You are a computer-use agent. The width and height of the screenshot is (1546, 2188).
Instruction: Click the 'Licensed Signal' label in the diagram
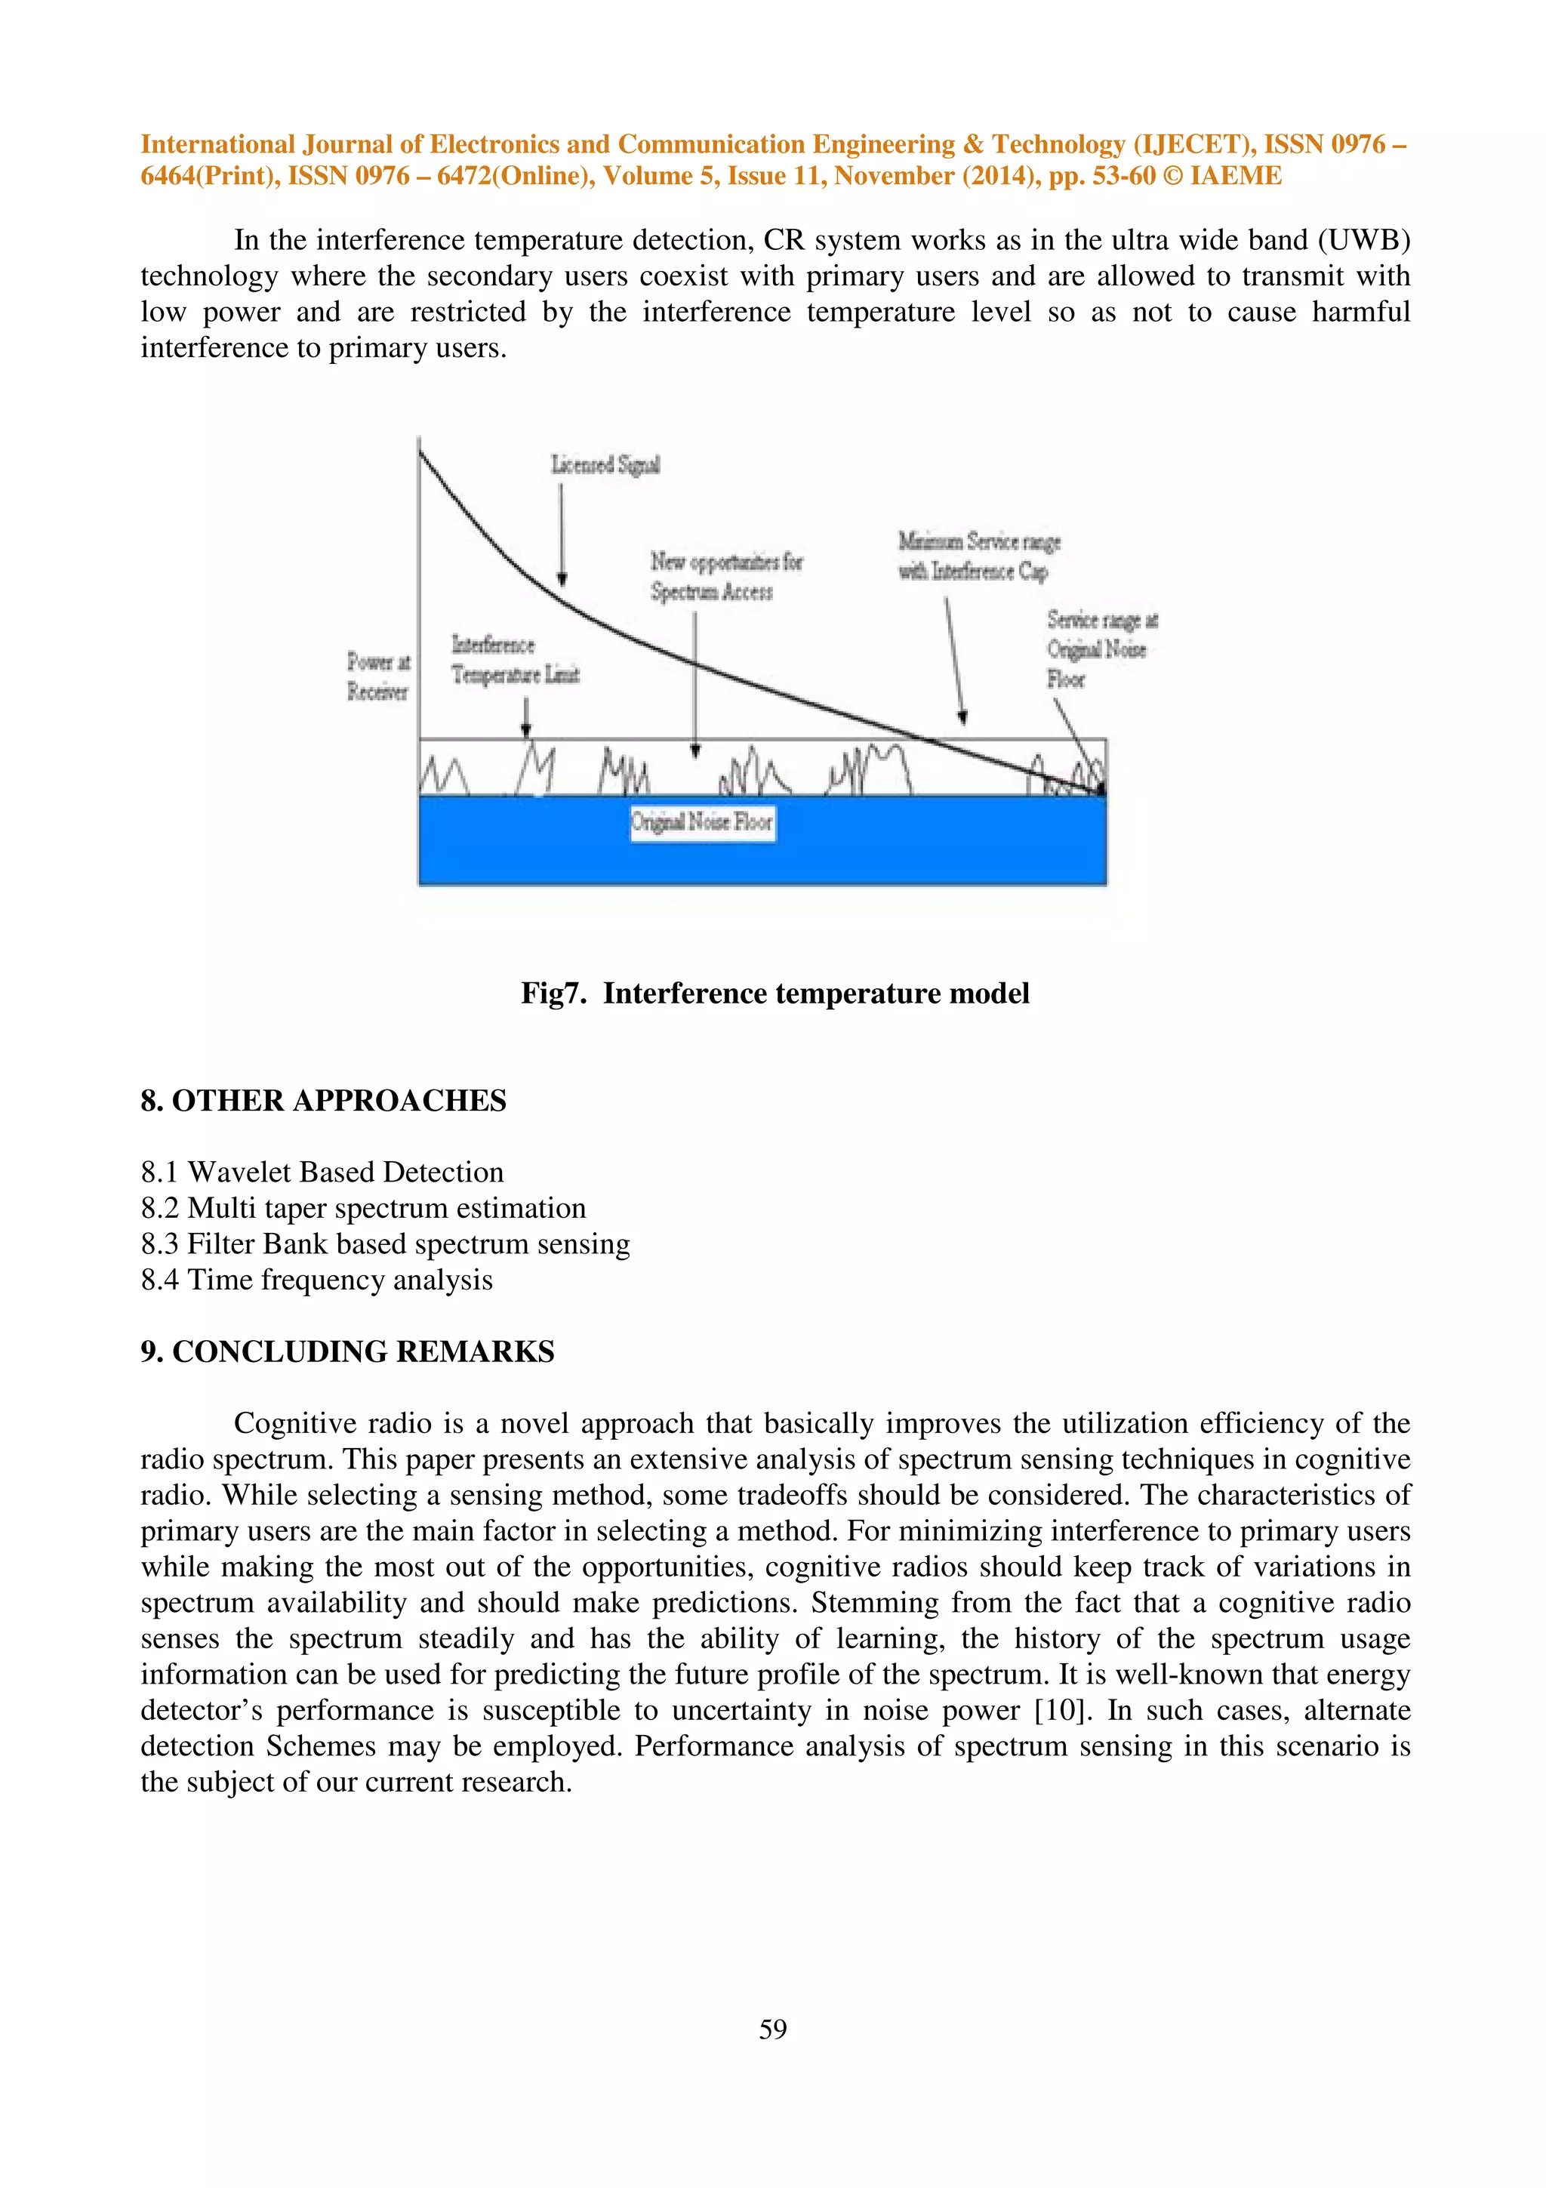pos(605,465)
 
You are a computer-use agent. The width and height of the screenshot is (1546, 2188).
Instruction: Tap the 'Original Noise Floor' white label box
pos(702,822)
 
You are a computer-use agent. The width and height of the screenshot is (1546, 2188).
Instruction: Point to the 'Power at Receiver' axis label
pos(377,676)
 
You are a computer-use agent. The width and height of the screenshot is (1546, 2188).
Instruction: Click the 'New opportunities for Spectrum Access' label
pos(726,577)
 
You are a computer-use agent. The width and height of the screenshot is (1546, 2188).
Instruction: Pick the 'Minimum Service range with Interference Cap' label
pos(978,556)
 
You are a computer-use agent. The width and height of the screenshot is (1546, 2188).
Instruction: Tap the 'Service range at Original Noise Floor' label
pos(1101,649)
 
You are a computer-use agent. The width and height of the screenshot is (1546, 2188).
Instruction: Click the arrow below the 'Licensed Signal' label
pos(561,534)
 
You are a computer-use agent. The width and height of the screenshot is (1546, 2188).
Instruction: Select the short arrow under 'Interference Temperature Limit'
pos(526,716)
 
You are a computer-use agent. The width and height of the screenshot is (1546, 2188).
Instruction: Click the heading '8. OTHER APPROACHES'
pos(323,1101)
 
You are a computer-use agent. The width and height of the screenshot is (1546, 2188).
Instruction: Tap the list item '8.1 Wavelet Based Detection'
pos(322,1172)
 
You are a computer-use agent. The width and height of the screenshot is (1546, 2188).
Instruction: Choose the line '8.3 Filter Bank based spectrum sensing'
pos(385,1243)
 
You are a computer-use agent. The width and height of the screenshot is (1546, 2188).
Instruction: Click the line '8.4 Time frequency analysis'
pos(316,1280)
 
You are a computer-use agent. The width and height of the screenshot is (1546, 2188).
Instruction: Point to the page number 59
pos(772,2029)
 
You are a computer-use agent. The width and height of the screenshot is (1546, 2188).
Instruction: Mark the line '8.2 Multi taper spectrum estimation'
pos(363,1208)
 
